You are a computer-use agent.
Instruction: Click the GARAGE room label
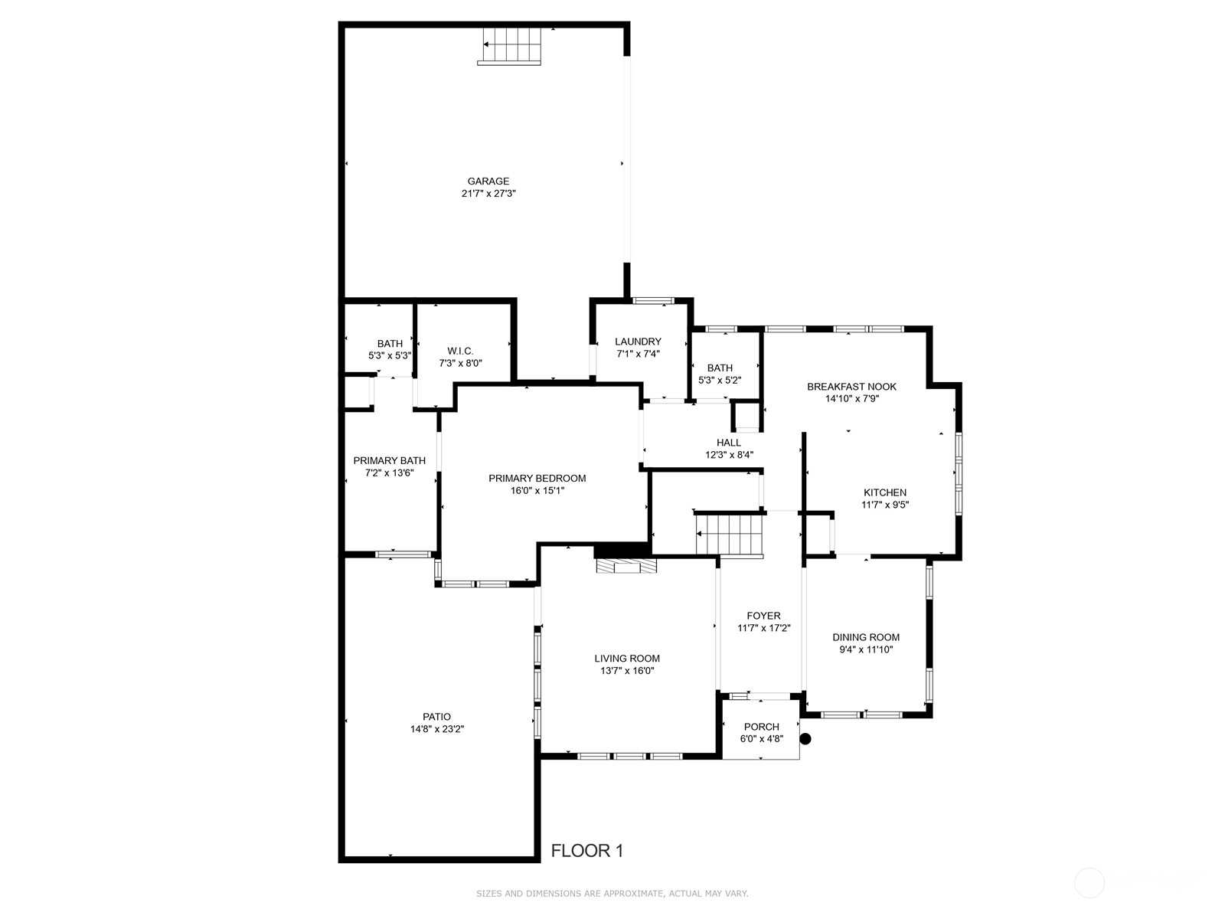pos(488,182)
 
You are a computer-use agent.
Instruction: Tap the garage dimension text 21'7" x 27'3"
pos(488,194)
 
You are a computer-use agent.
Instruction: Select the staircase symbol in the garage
pos(509,46)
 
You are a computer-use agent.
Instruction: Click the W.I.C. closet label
pos(460,351)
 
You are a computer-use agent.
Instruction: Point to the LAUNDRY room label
pos(638,342)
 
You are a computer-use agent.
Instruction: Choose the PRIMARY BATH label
pos(389,461)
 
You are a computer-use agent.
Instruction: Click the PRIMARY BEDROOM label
pos(537,478)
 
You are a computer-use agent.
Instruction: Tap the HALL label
pos(728,443)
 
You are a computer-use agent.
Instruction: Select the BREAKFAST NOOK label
pos(851,387)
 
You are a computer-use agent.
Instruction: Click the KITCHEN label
pos(884,492)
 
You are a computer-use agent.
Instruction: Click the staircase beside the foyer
pos(729,535)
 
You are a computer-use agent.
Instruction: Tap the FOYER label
pos(763,616)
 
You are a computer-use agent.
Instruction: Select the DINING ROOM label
pos(866,637)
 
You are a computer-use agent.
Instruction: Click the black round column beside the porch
pos(805,739)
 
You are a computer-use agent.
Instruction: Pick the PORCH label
pos(761,727)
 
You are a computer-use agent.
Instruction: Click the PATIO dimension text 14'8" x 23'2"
pos(437,729)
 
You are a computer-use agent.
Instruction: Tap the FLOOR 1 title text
pos(587,851)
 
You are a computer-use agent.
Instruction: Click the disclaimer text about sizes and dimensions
pos(612,894)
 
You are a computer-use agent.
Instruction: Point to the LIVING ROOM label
pos(627,659)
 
